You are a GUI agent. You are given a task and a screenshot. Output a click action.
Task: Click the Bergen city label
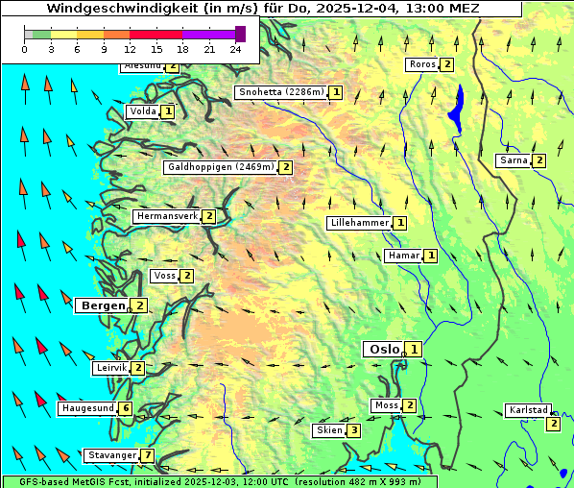click(x=102, y=305)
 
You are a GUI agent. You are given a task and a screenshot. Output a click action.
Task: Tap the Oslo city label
click(x=382, y=350)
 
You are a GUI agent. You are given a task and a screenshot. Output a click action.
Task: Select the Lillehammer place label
click(x=359, y=223)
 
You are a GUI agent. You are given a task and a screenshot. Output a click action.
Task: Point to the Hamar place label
click(x=401, y=256)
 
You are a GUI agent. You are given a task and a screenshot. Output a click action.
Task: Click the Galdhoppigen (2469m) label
click(x=221, y=167)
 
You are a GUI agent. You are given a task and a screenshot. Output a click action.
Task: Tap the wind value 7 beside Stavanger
click(x=148, y=455)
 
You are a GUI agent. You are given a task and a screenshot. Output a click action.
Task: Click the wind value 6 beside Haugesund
click(x=126, y=408)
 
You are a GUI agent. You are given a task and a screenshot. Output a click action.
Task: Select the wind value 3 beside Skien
click(x=354, y=430)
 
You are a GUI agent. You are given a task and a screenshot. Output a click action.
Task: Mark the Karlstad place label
click(x=527, y=410)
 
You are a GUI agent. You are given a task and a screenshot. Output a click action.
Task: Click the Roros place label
click(x=421, y=64)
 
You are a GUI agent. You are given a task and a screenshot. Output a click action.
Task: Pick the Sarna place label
click(x=514, y=160)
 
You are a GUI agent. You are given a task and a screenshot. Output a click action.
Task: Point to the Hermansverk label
click(x=166, y=216)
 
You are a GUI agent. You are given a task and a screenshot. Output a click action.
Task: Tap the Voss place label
click(x=164, y=277)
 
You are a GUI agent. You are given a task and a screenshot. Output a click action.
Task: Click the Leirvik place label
click(x=110, y=368)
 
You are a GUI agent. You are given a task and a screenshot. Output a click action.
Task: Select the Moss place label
click(x=386, y=405)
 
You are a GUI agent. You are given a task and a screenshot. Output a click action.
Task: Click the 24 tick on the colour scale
click(x=234, y=49)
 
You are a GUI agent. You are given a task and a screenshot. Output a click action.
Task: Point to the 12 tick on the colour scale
click(x=130, y=49)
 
